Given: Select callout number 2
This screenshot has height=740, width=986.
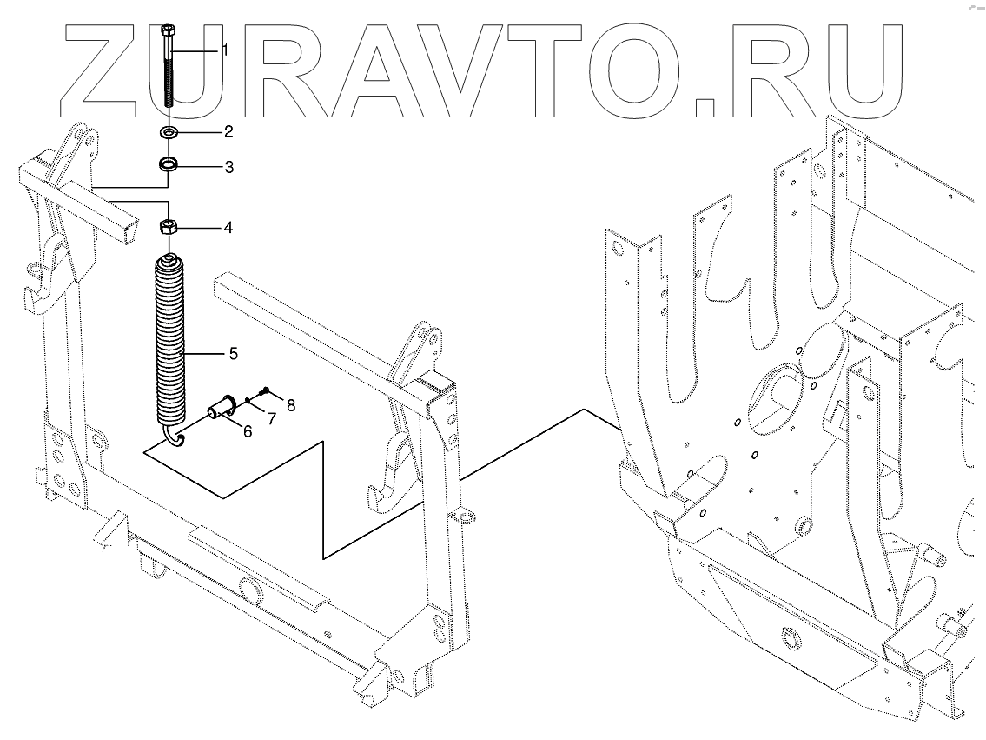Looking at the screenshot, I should pos(228,132).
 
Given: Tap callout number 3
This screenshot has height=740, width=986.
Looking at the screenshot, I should pos(228,166).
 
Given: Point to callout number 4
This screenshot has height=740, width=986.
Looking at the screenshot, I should pos(228,228).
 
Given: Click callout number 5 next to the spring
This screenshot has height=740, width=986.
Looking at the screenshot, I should pos(233,354).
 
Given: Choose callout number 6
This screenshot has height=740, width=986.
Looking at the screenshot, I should pos(248,430).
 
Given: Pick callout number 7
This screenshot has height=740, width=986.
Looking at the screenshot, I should pos(271,419).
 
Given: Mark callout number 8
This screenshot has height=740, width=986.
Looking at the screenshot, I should pos(291,404).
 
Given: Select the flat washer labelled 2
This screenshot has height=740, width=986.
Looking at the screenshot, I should pos(169,133).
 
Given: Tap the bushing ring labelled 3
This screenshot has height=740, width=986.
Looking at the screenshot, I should pos(169,164).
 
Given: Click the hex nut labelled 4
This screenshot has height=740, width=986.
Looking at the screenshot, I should pos(169,228).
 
